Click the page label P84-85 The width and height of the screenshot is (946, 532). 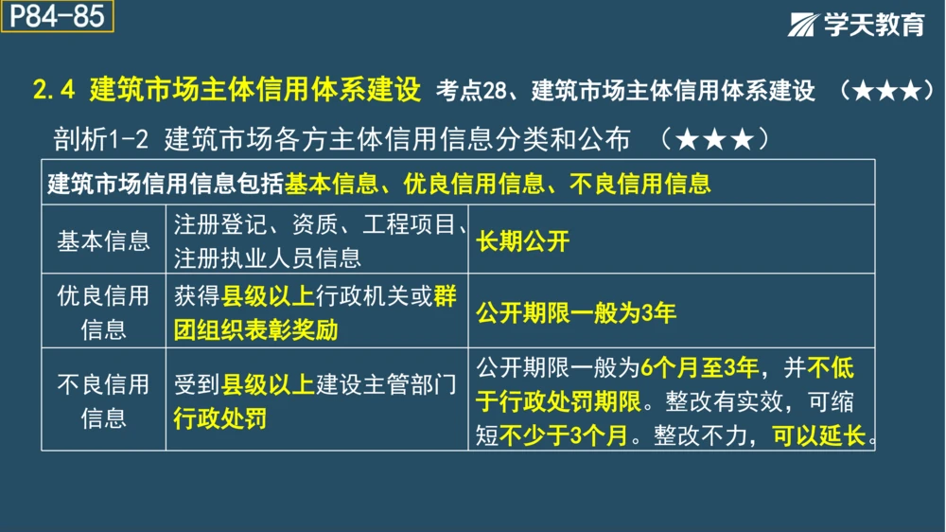[x=57, y=17]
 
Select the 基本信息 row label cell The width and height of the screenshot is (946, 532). [x=103, y=240]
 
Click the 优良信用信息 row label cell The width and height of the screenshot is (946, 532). [x=103, y=311]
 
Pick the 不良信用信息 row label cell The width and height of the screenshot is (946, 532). [x=103, y=400]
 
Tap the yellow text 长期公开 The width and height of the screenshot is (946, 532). [x=523, y=240]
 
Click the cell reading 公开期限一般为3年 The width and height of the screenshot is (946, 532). [x=576, y=312]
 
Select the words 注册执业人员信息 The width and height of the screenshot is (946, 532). [x=267, y=257]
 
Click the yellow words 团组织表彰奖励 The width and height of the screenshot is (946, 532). [x=255, y=328]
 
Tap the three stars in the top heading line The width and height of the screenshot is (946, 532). [x=886, y=92]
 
